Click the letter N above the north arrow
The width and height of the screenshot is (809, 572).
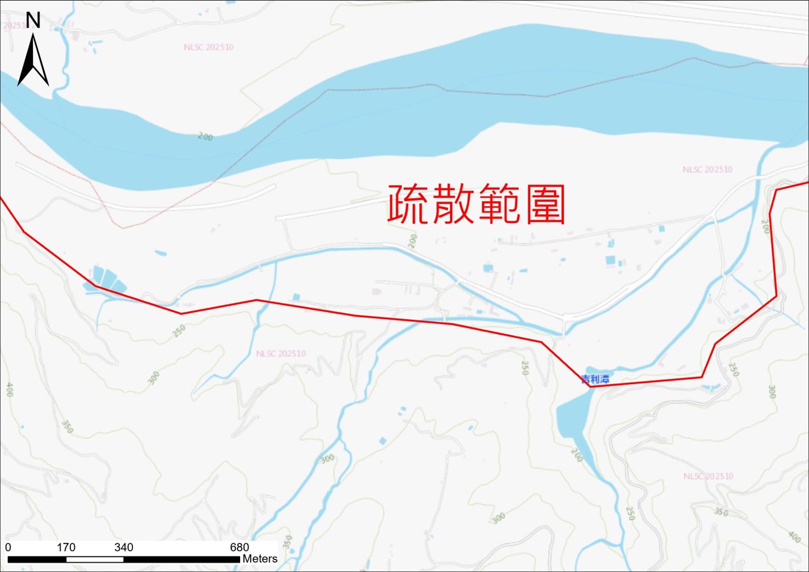(x=33, y=20)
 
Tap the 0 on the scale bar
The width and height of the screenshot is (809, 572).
(x=8, y=547)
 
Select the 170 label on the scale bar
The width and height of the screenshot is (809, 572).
(x=66, y=547)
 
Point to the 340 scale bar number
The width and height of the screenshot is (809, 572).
(x=123, y=547)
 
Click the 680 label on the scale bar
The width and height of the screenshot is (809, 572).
(x=239, y=547)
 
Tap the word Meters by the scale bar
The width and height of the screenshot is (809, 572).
(x=260, y=559)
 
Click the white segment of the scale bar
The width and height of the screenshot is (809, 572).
(x=95, y=559)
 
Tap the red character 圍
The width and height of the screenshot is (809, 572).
(x=545, y=204)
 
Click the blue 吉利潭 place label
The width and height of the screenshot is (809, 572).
(x=595, y=379)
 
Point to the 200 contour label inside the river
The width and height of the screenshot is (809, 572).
(x=205, y=137)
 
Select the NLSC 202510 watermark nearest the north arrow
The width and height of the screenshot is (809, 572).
(x=208, y=47)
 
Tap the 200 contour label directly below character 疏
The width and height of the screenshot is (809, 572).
(x=413, y=241)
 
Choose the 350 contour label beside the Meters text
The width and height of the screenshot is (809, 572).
(x=288, y=542)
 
